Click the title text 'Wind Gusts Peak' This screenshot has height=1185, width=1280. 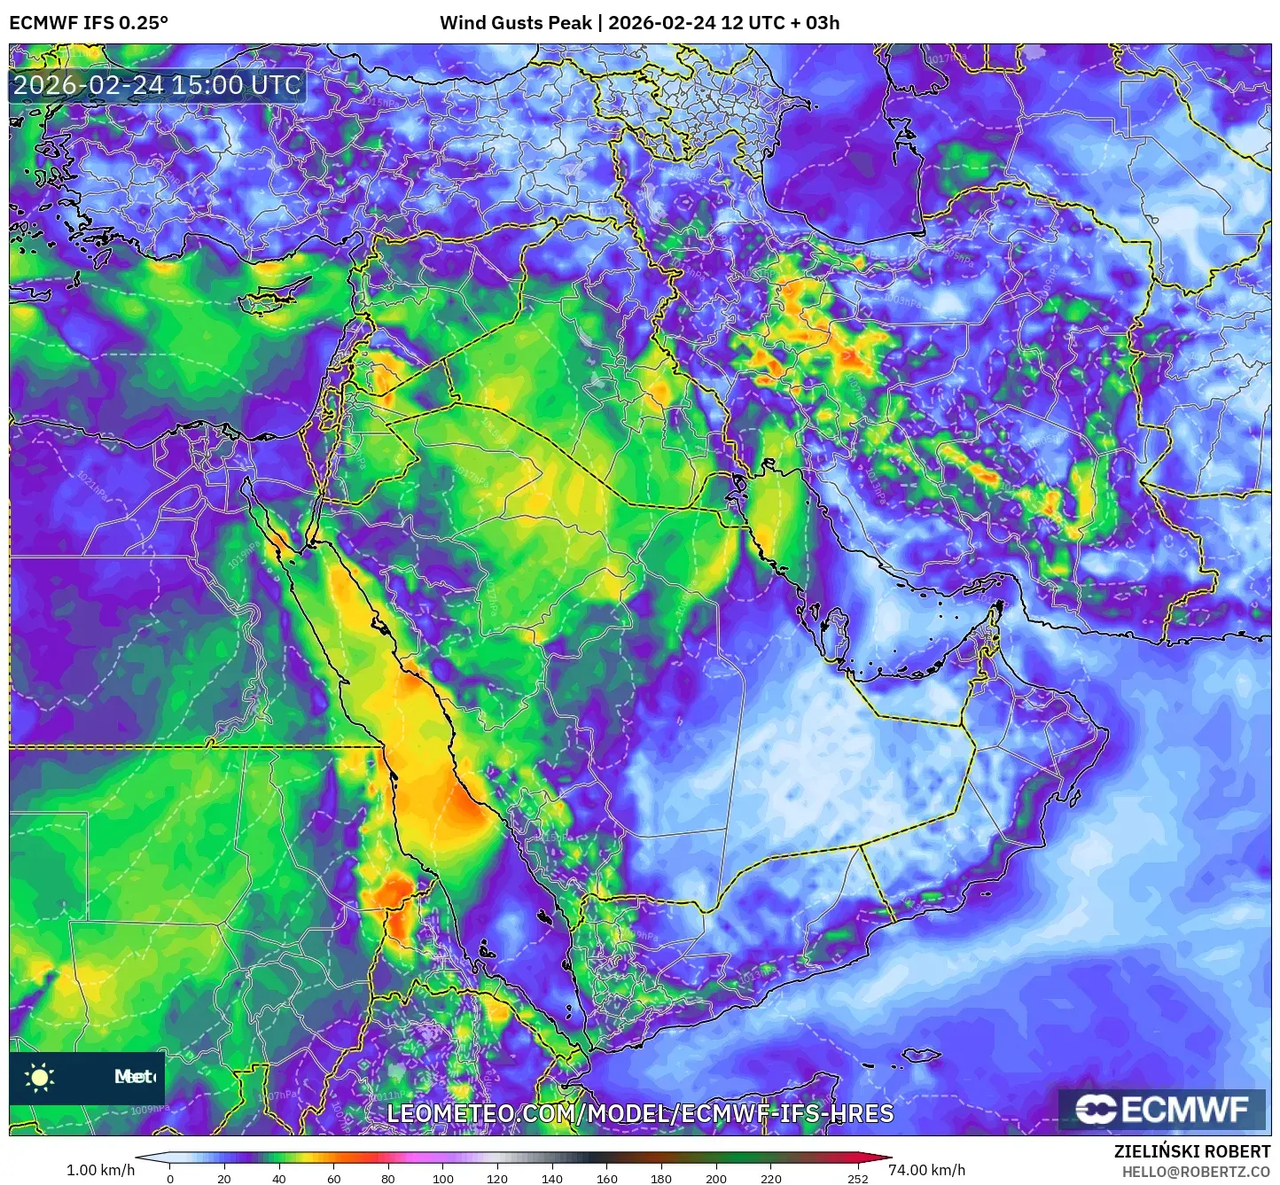[515, 23]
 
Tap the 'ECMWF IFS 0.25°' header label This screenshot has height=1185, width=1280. [89, 23]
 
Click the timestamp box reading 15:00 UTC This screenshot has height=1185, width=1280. [157, 85]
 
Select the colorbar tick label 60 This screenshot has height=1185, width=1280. [333, 1179]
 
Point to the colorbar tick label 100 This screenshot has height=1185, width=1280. [442, 1179]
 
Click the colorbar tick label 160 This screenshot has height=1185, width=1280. [606, 1179]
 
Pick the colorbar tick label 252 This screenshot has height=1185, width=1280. [856, 1179]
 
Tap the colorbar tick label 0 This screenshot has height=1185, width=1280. [170, 1179]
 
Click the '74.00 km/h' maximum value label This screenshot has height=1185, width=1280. [926, 1170]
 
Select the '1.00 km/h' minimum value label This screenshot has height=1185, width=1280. [100, 1170]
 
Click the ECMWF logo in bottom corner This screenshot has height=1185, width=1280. [1161, 1110]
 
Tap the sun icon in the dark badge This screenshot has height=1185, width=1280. [40, 1078]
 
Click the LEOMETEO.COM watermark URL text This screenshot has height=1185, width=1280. [640, 1113]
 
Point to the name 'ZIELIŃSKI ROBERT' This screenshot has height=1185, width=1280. [1191, 1151]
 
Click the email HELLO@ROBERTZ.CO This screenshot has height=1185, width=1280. [1196, 1172]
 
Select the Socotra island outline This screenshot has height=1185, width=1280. [922, 1055]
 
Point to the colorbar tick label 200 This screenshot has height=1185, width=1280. [715, 1179]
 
